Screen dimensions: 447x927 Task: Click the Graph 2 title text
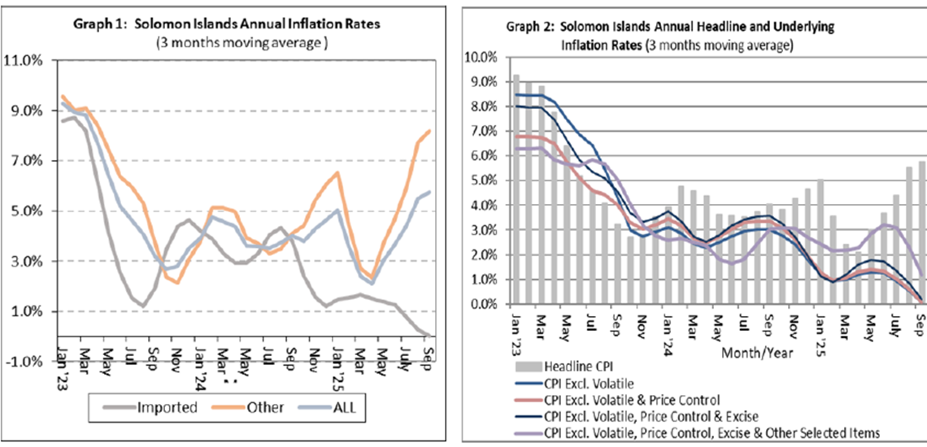(670, 27)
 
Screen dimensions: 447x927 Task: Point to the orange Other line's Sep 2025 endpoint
(429, 131)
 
